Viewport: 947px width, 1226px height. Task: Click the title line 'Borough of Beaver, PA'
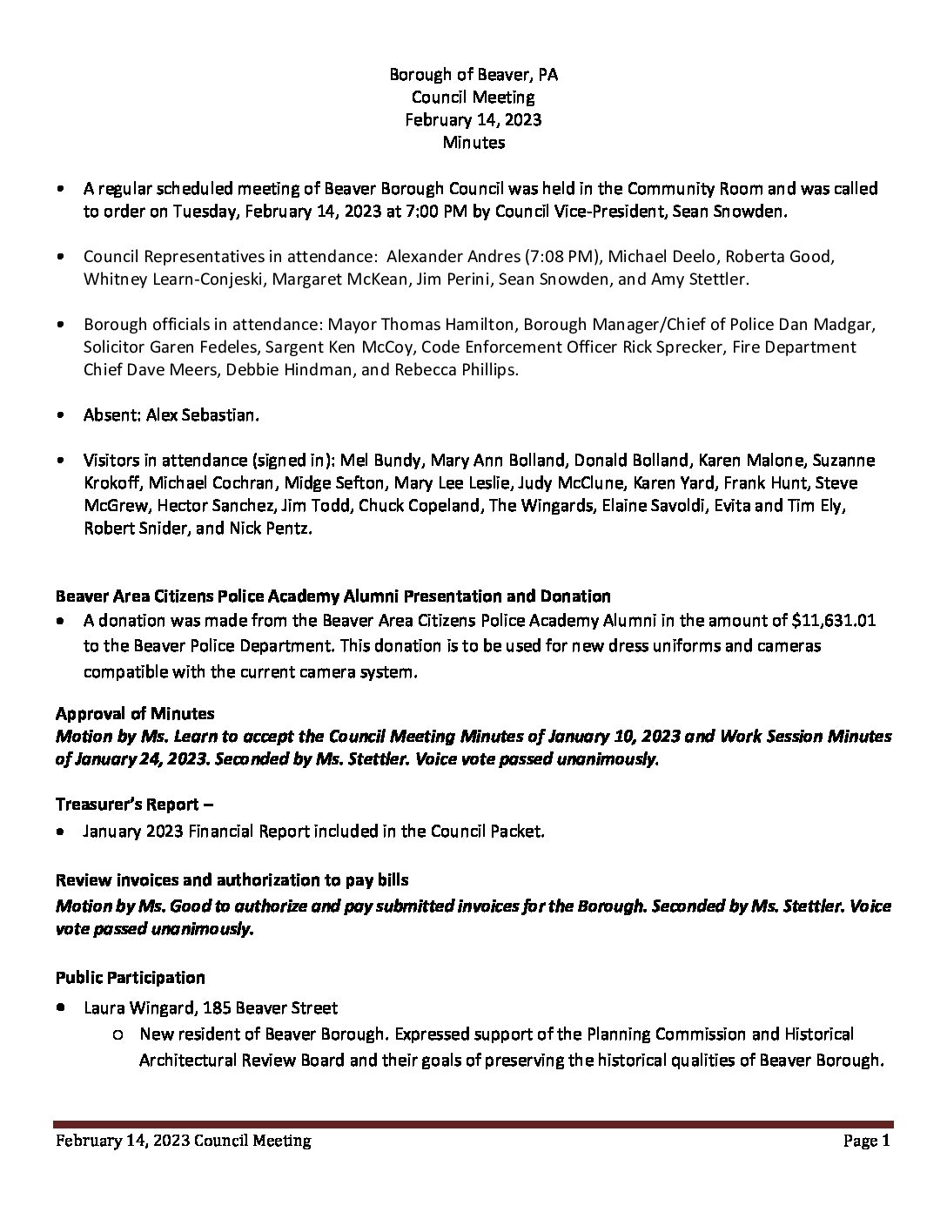(x=473, y=75)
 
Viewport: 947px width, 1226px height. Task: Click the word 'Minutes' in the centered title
(x=473, y=143)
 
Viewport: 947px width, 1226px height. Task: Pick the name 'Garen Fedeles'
(x=200, y=347)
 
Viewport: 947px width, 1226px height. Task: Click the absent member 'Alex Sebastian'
(x=206, y=415)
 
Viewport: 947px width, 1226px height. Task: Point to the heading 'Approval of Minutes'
(x=135, y=714)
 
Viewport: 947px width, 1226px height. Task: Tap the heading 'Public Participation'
(x=131, y=978)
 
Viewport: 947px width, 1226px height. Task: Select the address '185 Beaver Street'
(x=271, y=1009)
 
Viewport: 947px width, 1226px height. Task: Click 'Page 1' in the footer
(x=866, y=1142)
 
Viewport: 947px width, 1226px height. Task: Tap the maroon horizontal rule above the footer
(x=473, y=1125)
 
